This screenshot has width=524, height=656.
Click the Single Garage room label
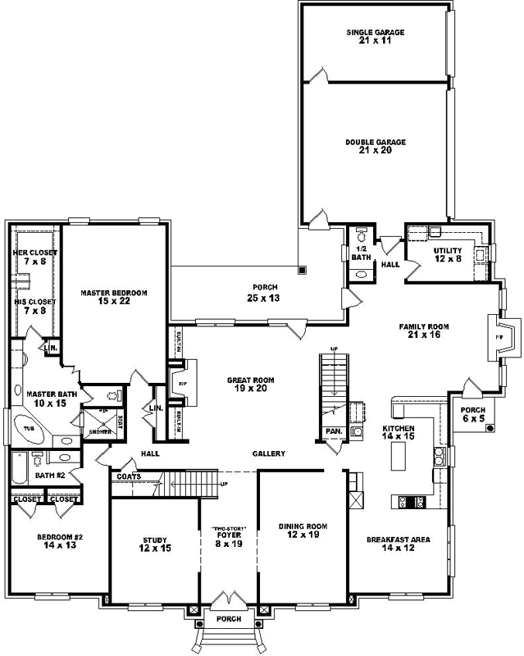pos(376,37)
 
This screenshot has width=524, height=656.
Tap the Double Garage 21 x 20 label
pos(376,146)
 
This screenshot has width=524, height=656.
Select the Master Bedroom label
pos(113,297)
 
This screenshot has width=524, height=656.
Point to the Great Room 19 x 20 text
pos(251,385)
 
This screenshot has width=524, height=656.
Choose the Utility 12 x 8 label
pos(448,255)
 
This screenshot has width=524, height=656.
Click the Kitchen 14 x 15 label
pos(399,433)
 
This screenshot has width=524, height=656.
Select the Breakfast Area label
pos(398,544)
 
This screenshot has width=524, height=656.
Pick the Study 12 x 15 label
pos(155,544)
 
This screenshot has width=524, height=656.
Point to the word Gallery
pos(268,453)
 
